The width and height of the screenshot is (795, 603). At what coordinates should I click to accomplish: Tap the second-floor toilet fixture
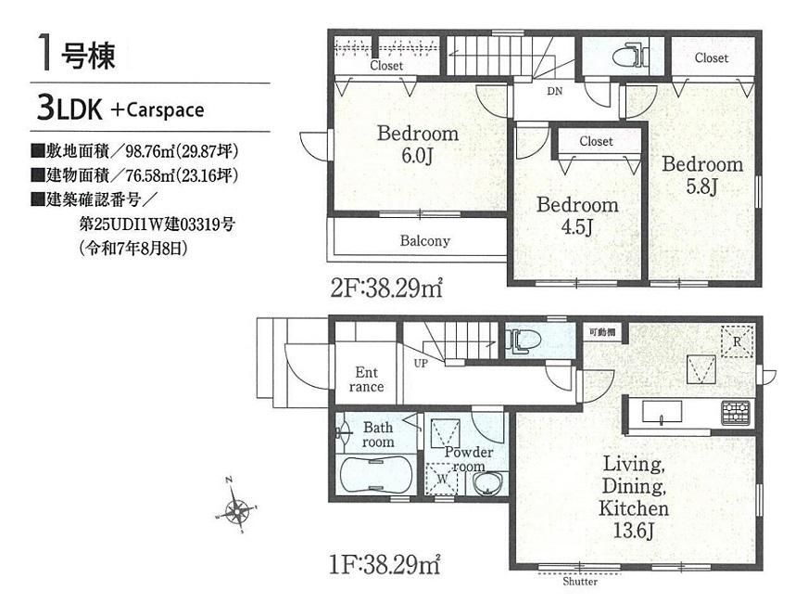[630, 56]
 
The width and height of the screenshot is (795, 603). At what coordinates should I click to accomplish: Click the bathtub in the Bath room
[374, 474]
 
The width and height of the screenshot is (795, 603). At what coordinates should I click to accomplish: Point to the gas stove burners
[736, 412]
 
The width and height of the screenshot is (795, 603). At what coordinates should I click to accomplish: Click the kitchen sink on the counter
[662, 411]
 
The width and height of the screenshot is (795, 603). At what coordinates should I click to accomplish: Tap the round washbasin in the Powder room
[487, 482]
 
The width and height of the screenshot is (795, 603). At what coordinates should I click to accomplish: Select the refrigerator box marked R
[737, 341]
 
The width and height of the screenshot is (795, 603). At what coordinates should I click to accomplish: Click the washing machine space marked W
[442, 478]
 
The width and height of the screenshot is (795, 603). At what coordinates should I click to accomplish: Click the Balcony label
[425, 240]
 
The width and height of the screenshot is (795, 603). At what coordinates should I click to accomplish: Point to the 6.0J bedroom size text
[417, 156]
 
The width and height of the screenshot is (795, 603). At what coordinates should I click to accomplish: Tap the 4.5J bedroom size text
[576, 227]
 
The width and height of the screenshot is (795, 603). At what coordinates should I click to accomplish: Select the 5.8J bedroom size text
[701, 186]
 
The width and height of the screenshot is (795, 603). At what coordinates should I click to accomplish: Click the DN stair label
[555, 92]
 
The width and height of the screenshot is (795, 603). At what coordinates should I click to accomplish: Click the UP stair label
[421, 364]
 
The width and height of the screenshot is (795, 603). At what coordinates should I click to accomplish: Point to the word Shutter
[580, 582]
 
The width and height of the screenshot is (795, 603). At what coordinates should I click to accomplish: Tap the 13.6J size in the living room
[633, 531]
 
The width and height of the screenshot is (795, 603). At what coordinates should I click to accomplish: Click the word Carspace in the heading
[165, 110]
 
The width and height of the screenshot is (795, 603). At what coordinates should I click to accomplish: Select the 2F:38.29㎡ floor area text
[387, 289]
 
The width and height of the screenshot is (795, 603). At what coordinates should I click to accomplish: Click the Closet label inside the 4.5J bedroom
[596, 141]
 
